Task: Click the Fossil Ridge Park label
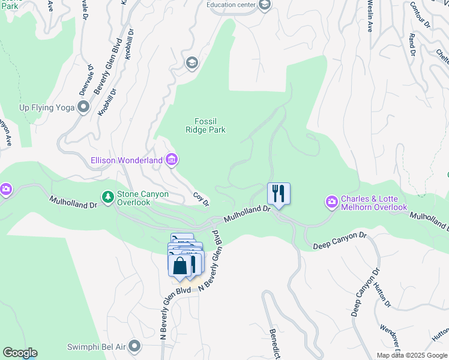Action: (x=209, y=125)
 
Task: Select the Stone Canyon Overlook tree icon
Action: (x=108, y=197)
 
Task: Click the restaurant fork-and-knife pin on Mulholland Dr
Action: (x=279, y=194)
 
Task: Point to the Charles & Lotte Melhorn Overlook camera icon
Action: (x=331, y=202)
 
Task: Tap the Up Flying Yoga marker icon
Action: (x=83, y=107)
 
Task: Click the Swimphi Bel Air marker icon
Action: (x=134, y=346)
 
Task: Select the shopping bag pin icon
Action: (x=179, y=265)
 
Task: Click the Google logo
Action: (x=20, y=353)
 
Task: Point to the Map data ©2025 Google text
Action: (x=411, y=355)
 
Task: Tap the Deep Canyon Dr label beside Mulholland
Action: (x=340, y=241)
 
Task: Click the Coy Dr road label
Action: (x=201, y=199)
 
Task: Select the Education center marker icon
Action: (x=265, y=5)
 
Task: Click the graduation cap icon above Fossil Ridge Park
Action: (x=192, y=63)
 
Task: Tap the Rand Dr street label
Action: (x=412, y=44)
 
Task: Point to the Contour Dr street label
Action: (x=420, y=15)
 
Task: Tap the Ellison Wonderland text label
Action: (x=127, y=161)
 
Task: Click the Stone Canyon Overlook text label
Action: (x=143, y=198)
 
